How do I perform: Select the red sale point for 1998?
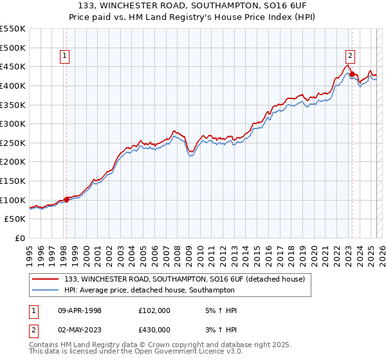pyautogui.click(x=66, y=199)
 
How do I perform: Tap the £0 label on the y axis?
pyautogui.click(x=20, y=238)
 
